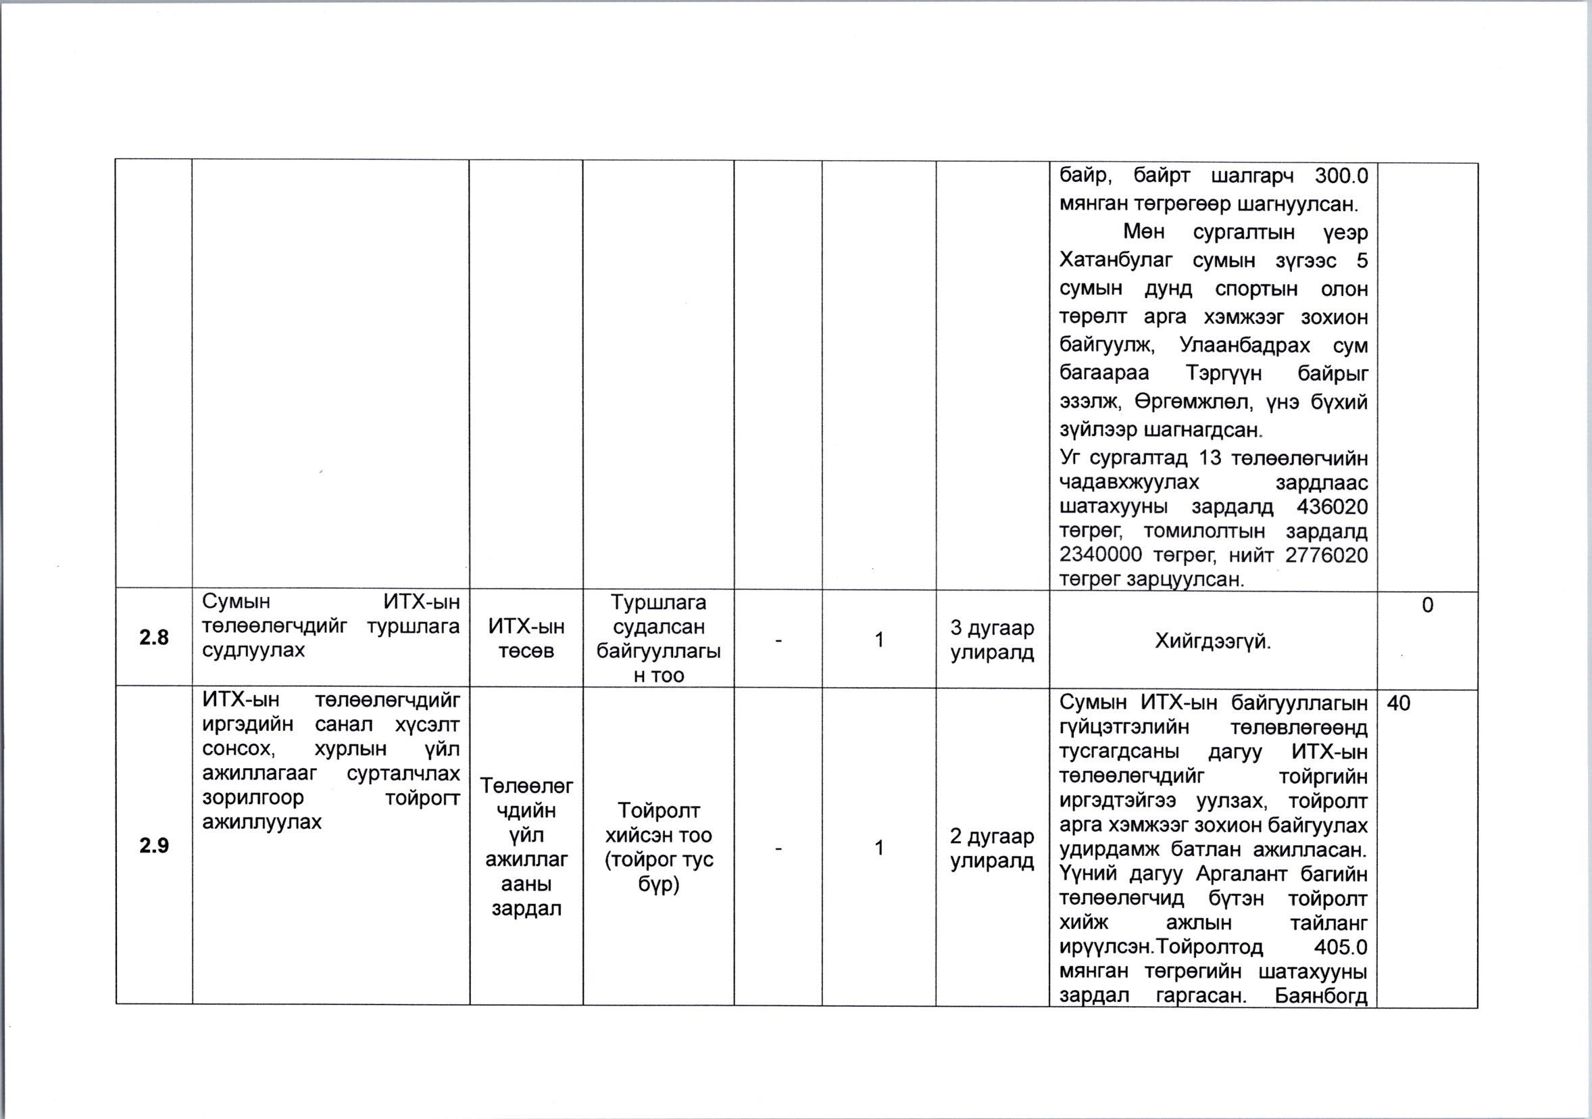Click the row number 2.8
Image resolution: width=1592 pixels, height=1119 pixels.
click(x=154, y=638)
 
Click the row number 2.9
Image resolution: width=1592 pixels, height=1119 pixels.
click(x=154, y=846)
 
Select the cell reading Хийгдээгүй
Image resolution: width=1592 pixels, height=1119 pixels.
click(x=1213, y=641)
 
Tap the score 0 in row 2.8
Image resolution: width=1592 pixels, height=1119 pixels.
click(x=1427, y=606)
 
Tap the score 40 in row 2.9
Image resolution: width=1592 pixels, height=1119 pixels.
click(x=1399, y=703)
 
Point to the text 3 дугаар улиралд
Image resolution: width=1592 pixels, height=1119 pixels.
click(x=991, y=640)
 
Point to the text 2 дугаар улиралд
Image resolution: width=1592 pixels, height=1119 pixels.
click(x=991, y=849)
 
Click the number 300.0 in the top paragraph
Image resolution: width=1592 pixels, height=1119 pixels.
click(x=1341, y=176)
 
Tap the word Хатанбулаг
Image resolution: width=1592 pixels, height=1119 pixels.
click(x=1116, y=261)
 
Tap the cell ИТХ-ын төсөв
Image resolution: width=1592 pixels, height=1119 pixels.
click(x=526, y=638)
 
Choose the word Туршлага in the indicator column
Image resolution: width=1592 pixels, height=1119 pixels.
click(x=658, y=602)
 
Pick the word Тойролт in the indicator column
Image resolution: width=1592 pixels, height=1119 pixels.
click(x=658, y=810)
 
